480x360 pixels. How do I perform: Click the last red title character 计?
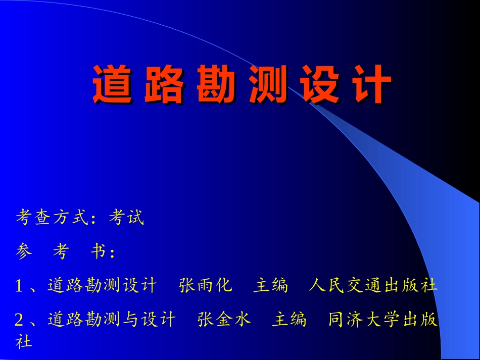tap(372, 84)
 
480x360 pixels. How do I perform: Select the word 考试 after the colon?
tap(126, 218)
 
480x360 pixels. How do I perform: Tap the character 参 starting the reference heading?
tap(24, 251)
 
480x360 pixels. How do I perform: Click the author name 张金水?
tap(224, 320)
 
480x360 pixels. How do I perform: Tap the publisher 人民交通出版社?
tap(372, 286)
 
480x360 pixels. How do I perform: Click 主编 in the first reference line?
tap(270, 286)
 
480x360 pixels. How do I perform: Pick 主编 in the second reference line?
tap(289, 320)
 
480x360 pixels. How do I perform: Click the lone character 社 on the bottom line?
tap(24, 342)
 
